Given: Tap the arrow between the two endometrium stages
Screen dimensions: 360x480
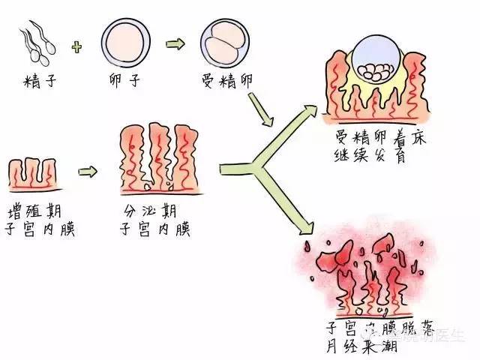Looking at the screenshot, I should coord(88,170).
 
